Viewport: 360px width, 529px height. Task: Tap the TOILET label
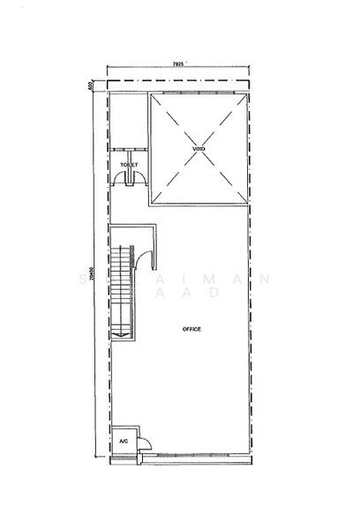pos(131,165)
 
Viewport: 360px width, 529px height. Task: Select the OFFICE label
pos(191,329)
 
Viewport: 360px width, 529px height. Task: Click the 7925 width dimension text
pos(178,64)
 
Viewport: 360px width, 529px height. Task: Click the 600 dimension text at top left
pos(92,86)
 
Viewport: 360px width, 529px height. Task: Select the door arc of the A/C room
pos(145,444)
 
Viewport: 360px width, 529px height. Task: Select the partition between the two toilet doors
pos(131,179)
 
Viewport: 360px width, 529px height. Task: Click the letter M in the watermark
pos(217,279)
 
